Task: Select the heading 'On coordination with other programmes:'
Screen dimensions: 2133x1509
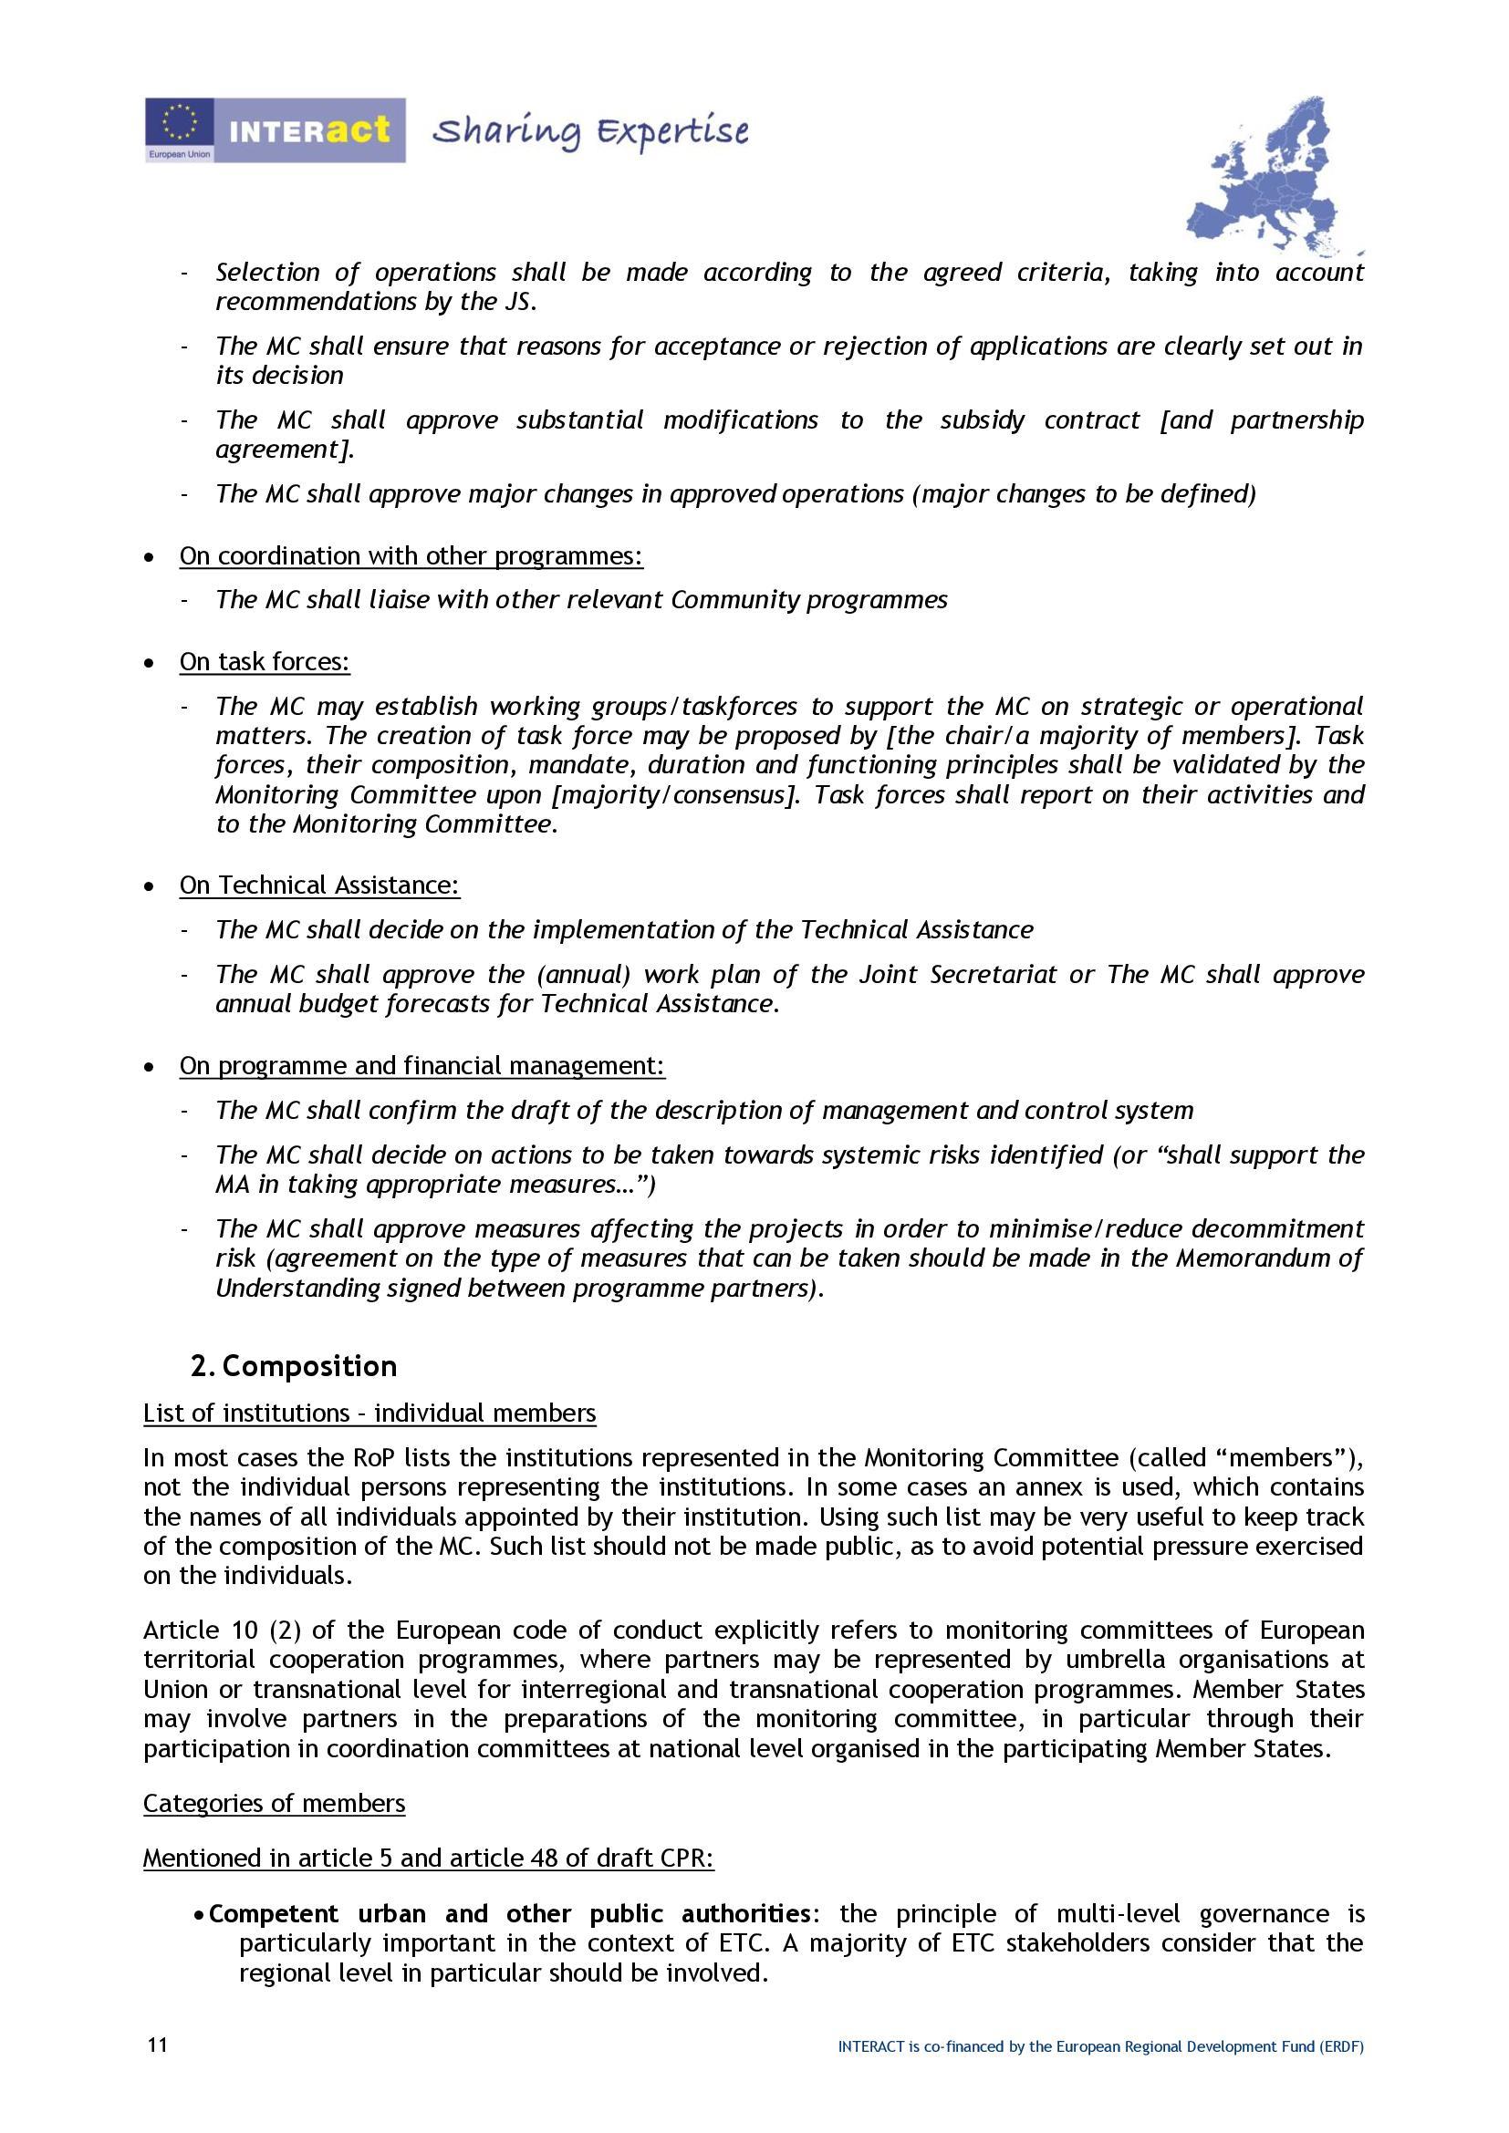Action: [411, 555]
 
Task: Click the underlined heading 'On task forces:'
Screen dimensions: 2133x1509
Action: [265, 661]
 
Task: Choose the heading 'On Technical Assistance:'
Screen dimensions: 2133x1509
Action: [319, 885]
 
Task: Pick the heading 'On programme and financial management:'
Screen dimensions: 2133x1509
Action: [421, 1064]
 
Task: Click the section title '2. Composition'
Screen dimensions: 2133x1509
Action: [294, 1366]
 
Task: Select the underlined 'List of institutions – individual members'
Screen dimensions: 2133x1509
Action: [369, 1413]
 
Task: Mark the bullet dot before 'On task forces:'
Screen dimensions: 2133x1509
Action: [150, 663]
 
